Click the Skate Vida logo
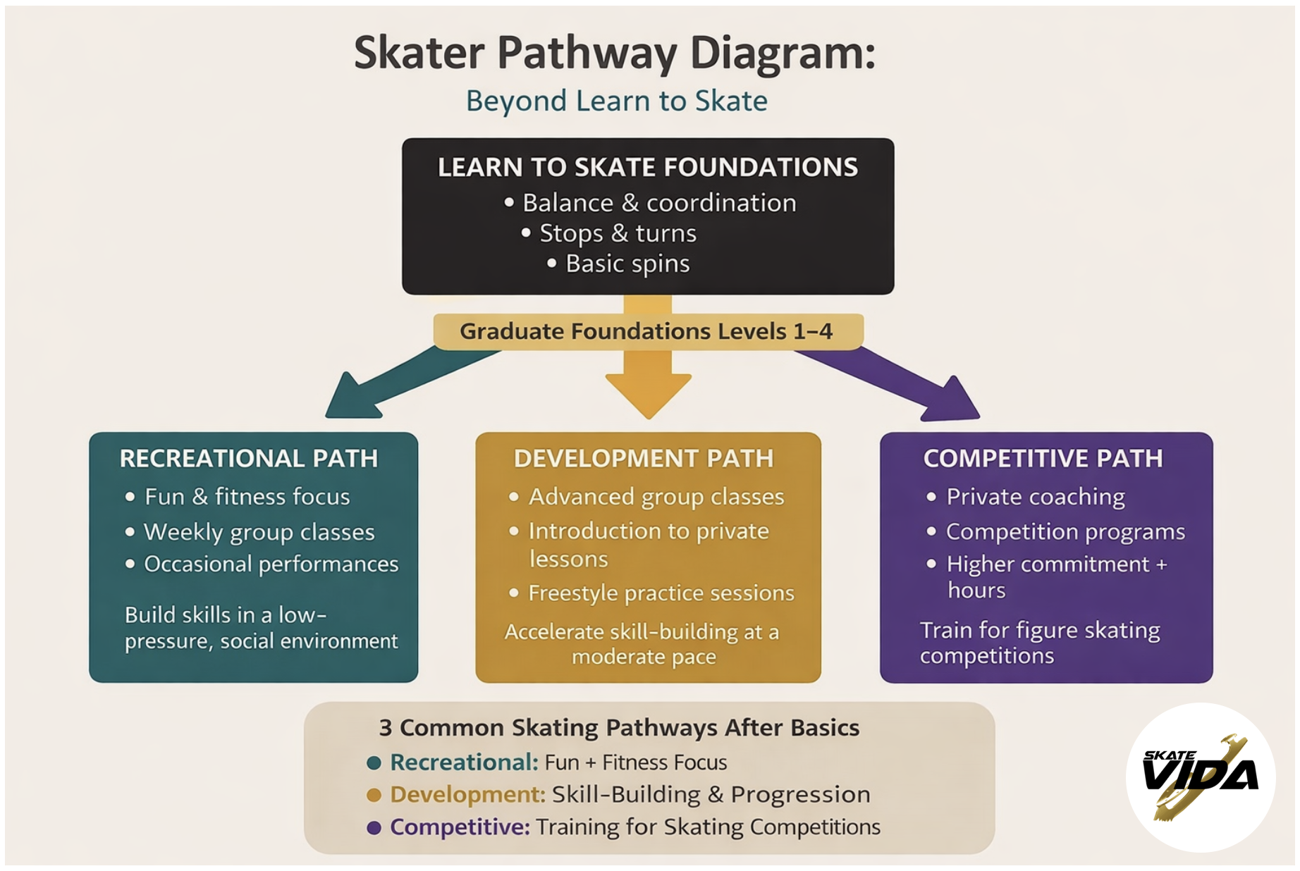point(1200,777)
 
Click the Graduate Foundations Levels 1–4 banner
point(646,331)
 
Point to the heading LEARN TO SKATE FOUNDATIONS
point(647,168)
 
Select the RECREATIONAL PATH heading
point(249,459)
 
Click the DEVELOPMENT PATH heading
point(644,459)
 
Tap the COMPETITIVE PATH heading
point(1043,459)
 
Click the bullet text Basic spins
point(627,264)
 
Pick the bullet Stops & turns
point(618,233)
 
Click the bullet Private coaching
point(1035,497)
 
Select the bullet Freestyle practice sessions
point(661,593)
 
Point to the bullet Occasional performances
point(271,564)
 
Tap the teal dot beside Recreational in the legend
point(374,762)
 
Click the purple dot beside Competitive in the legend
point(374,827)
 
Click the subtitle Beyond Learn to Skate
point(616,101)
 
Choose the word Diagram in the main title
point(782,54)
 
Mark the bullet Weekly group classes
point(259,532)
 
